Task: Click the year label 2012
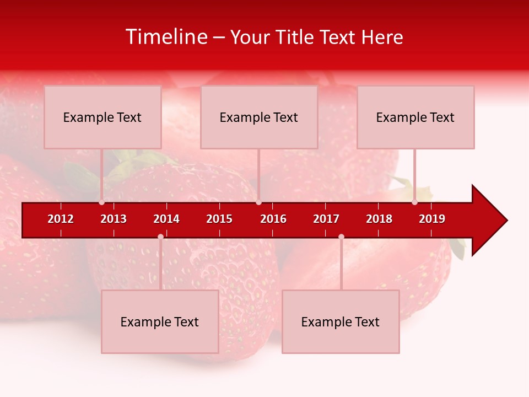(x=61, y=219)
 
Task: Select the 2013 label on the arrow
(x=114, y=219)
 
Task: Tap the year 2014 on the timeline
(x=166, y=219)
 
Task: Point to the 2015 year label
(x=219, y=219)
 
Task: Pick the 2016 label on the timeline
(x=273, y=219)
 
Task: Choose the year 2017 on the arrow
(x=326, y=219)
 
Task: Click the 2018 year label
(x=379, y=219)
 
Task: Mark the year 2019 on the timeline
(x=432, y=219)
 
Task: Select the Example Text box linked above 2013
(x=102, y=117)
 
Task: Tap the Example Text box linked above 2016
(x=259, y=117)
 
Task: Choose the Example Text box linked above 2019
(x=415, y=117)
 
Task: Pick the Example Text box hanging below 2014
(x=160, y=321)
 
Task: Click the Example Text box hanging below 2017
(x=341, y=321)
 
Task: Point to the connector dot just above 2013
(x=101, y=202)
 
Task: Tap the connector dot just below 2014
(x=160, y=237)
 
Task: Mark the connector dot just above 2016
(x=258, y=202)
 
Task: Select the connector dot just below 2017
(x=341, y=237)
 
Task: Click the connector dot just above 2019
(x=414, y=202)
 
